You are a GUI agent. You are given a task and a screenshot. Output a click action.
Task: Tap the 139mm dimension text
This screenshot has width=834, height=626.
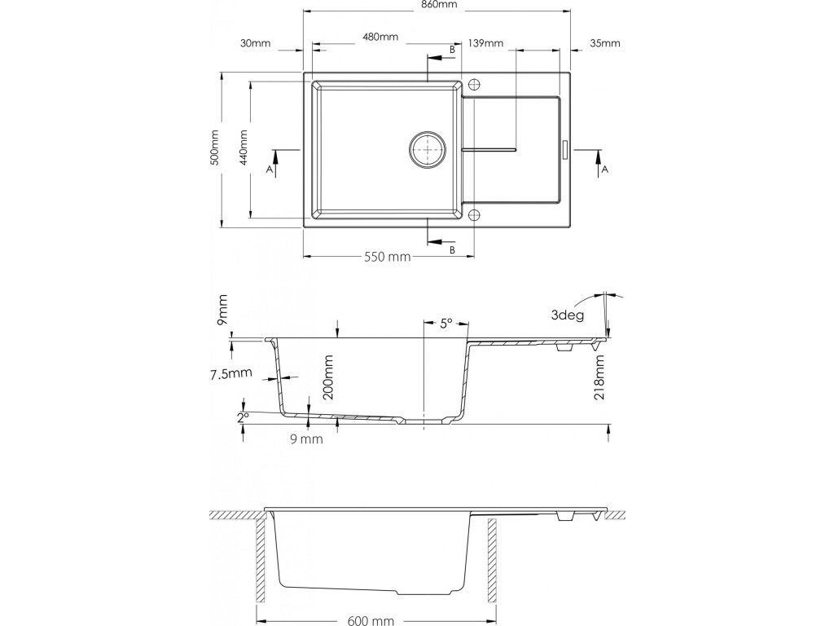point(485,43)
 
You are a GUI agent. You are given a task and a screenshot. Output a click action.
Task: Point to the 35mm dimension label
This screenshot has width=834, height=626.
point(604,43)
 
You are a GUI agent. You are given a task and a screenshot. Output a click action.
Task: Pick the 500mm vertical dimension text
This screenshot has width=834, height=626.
point(214,148)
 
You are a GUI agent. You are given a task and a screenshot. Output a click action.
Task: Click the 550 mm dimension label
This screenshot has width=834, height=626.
point(386,257)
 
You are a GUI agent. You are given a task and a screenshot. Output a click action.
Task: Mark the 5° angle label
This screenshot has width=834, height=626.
point(446,324)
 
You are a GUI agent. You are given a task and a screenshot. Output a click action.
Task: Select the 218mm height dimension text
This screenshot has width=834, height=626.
point(599,380)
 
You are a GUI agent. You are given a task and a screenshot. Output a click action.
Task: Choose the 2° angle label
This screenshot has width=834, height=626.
point(243,417)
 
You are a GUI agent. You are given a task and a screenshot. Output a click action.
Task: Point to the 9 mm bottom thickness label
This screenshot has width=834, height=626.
point(307,439)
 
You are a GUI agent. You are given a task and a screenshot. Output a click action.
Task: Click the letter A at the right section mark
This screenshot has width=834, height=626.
point(604,170)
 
